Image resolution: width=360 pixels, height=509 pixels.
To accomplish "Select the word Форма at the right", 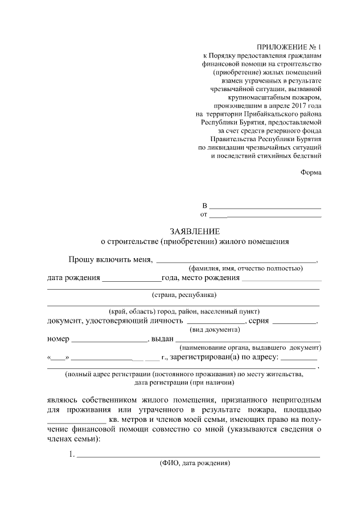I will [310, 173].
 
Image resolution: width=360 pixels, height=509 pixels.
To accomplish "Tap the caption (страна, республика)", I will [184, 295].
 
